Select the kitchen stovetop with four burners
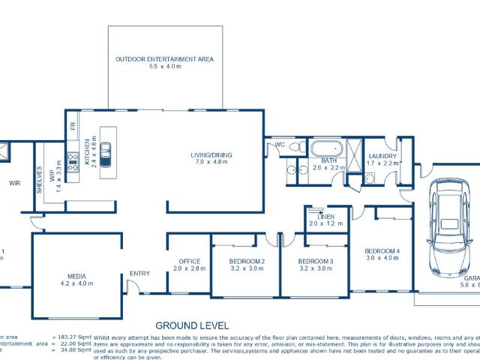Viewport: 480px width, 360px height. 73,162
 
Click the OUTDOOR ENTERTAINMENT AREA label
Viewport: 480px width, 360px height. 165,58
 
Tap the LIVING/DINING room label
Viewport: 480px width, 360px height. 211,155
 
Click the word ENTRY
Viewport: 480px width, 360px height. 139,273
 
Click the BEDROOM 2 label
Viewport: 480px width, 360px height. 247,261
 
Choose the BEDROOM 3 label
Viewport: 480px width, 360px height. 315,261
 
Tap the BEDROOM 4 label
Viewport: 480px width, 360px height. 382,250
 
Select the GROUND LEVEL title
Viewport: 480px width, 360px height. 192,325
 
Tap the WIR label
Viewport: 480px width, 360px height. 13,183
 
